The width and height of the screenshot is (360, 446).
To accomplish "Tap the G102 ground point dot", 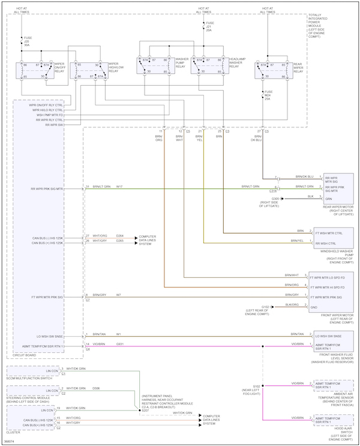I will (272, 307).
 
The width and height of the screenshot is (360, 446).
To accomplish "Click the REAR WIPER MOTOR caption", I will (339, 210).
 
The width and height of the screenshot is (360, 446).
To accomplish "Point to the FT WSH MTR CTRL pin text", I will (328, 232).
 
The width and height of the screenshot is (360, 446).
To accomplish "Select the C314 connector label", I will (272, 191).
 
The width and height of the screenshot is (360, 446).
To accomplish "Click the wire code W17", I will (119, 187).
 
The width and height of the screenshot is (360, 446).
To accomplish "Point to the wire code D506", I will (96, 388).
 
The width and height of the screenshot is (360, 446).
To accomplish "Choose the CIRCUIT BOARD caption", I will (25, 355).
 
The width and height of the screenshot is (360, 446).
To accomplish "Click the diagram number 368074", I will (10, 442).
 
